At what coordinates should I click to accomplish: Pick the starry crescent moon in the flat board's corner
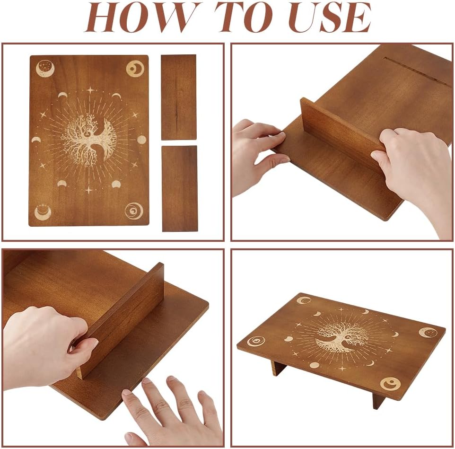pyautogui.click(x=44, y=69)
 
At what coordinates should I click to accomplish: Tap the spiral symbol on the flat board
pyautogui.click(x=134, y=211)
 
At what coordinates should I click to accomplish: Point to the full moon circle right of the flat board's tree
pyautogui.click(x=141, y=140)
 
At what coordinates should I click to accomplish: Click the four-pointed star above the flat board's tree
pyautogui.click(x=90, y=90)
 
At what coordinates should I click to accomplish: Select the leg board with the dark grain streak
pyautogui.click(x=178, y=97)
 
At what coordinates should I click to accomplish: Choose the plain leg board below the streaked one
pyautogui.click(x=179, y=188)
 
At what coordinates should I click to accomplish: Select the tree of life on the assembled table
pyautogui.click(x=341, y=337)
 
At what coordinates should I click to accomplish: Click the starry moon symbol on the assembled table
pyautogui.click(x=428, y=332)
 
